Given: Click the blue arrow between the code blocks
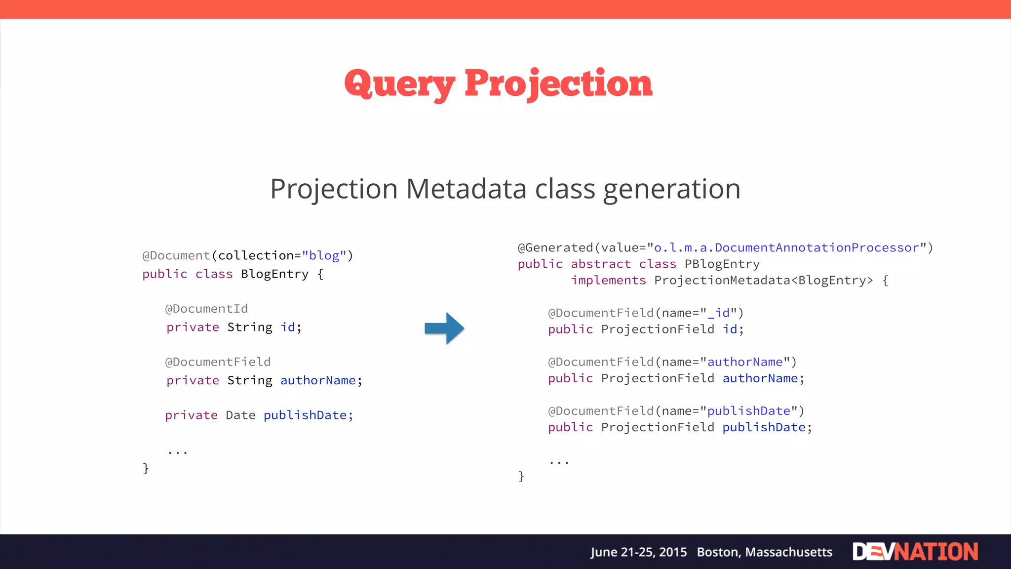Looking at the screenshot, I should (x=444, y=328).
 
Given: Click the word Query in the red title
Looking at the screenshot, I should (x=399, y=84).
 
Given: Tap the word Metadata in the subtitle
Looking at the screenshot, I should (x=466, y=189).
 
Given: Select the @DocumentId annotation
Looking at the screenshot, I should (x=206, y=309).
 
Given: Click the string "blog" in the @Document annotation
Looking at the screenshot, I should (x=324, y=256).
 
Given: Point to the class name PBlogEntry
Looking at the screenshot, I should (x=722, y=264).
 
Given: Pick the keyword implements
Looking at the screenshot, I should (x=608, y=281).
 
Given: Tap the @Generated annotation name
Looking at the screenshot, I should (x=555, y=248).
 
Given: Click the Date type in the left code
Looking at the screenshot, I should (x=240, y=415).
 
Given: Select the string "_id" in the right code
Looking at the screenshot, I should (x=722, y=313).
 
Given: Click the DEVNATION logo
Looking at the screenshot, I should (x=915, y=552).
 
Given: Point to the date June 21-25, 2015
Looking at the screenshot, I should (x=638, y=552).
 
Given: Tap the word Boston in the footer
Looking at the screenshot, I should (x=718, y=552).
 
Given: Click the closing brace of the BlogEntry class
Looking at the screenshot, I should (x=146, y=468).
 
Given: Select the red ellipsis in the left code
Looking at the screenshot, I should (x=177, y=451).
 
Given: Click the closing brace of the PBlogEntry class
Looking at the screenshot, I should (x=521, y=476).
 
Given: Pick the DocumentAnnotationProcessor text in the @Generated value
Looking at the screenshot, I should (x=817, y=248).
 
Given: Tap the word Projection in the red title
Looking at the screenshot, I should (x=558, y=84).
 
